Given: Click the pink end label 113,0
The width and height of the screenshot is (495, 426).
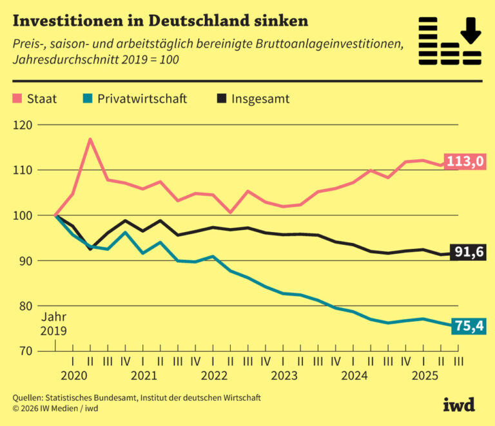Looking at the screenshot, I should (465, 161).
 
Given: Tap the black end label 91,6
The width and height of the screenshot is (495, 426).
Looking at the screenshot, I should (469, 252).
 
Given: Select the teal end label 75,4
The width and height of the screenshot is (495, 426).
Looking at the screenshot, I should (469, 327).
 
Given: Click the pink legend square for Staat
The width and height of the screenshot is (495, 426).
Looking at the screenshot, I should (17, 99).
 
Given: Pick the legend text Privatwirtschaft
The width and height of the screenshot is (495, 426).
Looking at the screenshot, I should (142, 99).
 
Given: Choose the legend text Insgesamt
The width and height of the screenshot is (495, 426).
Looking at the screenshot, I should (260, 99).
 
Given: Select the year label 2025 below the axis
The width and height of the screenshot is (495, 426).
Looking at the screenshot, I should (423, 376).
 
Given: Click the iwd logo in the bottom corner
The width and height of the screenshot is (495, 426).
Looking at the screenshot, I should (458, 404).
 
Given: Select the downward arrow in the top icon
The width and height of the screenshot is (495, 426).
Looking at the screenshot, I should (471, 30).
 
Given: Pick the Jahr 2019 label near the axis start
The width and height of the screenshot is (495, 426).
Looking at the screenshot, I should (54, 324).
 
